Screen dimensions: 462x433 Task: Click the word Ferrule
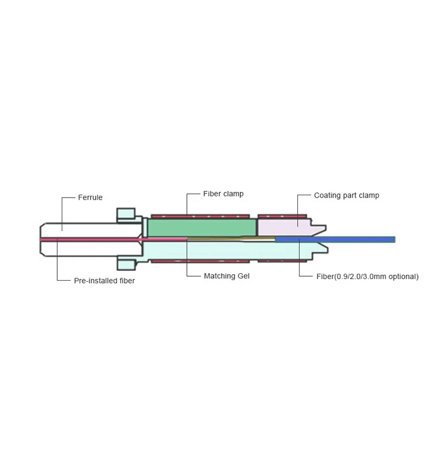pyautogui.click(x=90, y=198)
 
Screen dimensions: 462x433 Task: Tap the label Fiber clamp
pyautogui.click(x=223, y=194)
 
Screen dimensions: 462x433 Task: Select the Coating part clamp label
pyautogui.click(x=346, y=195)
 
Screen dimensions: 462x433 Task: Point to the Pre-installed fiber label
pyautogui.click(x=104, y=281)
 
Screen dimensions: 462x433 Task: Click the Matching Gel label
pyautogui.click(x=227, y=276)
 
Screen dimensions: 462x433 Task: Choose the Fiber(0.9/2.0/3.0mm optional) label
pyautogui.click(x=367, y=277)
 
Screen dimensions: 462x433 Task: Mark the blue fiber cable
pyautogui.click(x=346, y=239)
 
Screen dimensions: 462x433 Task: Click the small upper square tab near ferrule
pyautogui.click(x=125, y=214)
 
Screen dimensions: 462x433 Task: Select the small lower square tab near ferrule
pyautogui.click(x=125, y=264)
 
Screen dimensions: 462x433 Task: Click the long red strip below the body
pyautogui.click(x=202, y=262)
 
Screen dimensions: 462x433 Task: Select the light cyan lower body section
pyautogui.click(x=231, y=250)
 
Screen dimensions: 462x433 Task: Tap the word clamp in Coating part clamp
pyautogui.click(x=368, y=195)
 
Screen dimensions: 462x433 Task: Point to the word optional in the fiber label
pyautogui.click(x=403, y=277)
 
